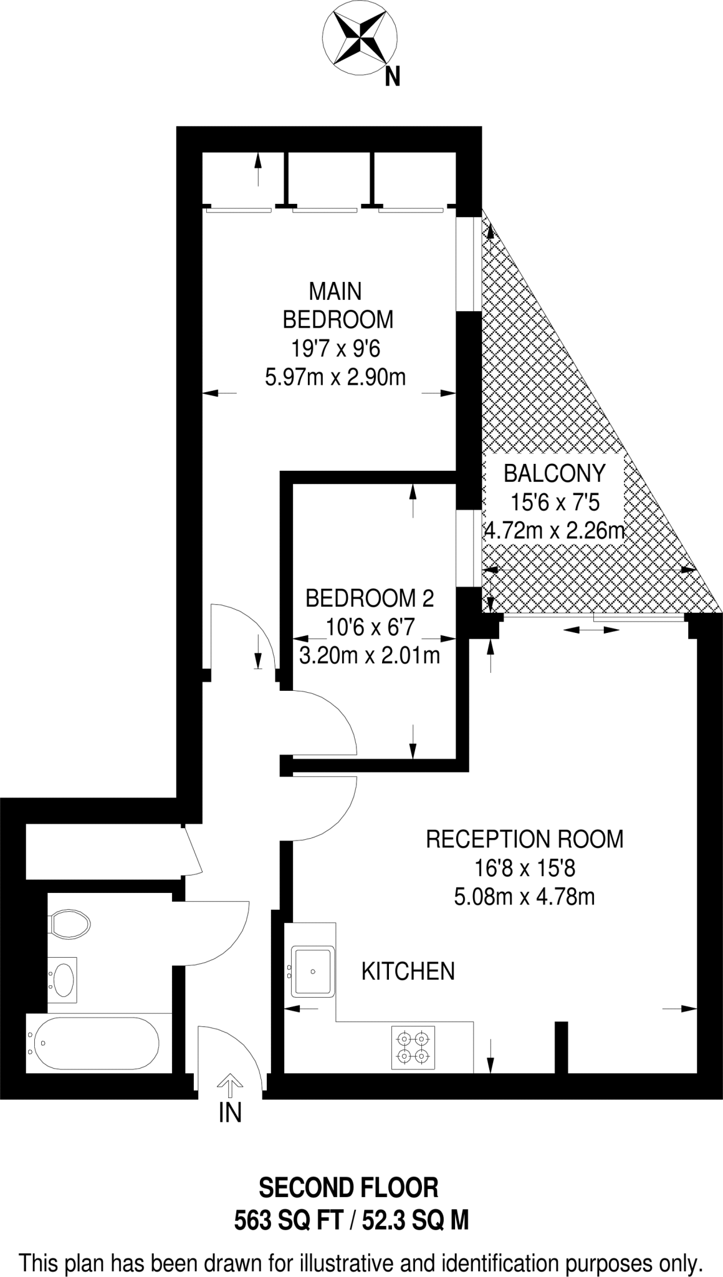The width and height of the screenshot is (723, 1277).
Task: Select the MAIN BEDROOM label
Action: pyautogui.click(x=337, y=305)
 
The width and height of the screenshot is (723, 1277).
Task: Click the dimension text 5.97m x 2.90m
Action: pyautogui.click(x=335, y=377)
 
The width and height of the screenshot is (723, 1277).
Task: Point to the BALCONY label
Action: pyautogui.click(x=554, y=473)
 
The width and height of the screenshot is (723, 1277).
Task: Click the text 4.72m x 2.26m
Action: pyautogui.click(x=554, y=531)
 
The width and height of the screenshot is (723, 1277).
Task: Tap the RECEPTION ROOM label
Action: pyautogui.click(x=524, y=839)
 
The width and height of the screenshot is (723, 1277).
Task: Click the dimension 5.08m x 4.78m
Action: pyautogui.click(x=524, y=897)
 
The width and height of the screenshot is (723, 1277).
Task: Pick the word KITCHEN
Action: pyautogui.click(x=408, y=971)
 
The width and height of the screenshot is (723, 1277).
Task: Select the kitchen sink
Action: pyautogui.click(x=314, y=971)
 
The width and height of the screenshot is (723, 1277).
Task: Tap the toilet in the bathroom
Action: pyautogui.click(x=70, y=922)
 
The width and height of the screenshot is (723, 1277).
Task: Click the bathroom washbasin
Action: pyautogui.click(x=63, y=980)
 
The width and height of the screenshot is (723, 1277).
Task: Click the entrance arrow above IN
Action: pyautogui.click(x=230, y=1086)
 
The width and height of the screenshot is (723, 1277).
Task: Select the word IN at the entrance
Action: pyautogui.click(x=230, y=1113)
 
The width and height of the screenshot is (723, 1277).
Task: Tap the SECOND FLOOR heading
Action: pyautogui.click(x=348, y=1188)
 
